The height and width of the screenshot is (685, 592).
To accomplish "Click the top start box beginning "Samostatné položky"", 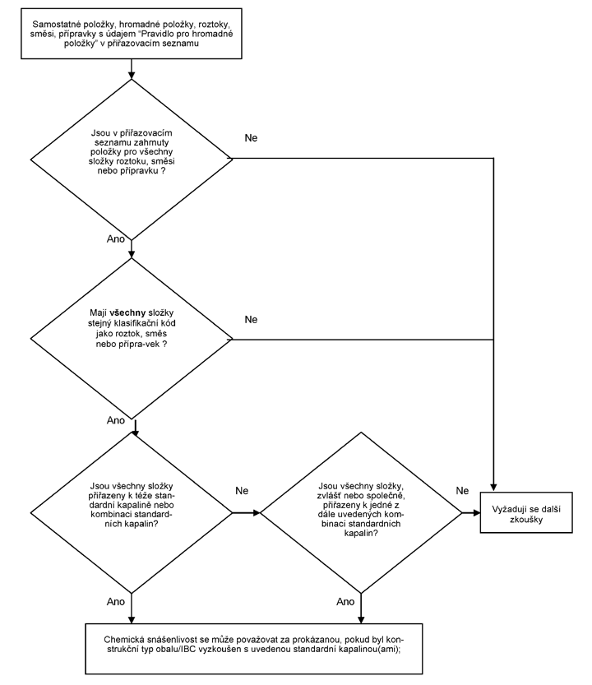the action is point(132,34).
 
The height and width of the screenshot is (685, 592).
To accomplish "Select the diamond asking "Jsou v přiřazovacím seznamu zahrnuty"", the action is point(132,160).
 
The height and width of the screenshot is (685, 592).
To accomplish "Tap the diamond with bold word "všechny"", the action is point(132,339).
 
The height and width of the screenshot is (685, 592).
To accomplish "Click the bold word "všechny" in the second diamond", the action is point(127,312).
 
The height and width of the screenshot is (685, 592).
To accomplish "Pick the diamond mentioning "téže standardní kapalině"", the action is point(132,512).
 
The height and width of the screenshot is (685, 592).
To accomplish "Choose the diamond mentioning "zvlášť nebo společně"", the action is point(361,512).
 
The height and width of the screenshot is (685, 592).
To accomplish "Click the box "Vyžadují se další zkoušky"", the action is point(526,512).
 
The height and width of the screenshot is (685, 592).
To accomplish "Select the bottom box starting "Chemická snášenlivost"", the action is point(254,649).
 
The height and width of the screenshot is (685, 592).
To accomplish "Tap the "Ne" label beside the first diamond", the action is point(252,138).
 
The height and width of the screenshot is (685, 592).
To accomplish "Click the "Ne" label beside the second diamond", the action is point(252,320).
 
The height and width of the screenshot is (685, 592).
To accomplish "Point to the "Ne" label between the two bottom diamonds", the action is point(242,491).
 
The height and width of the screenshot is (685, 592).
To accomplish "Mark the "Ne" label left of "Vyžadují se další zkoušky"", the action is point(462,491).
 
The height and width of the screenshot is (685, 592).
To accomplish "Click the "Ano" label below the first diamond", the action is point(116,239).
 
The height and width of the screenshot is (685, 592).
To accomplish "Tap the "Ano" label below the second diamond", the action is point(116,420).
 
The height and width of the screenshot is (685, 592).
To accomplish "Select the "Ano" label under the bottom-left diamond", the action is point(116,602).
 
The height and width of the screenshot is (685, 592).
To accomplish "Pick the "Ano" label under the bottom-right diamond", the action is point(345,602).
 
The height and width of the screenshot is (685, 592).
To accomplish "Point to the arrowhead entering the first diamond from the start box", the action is point(132,75).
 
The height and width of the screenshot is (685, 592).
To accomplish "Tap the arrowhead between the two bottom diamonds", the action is point(256,512).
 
